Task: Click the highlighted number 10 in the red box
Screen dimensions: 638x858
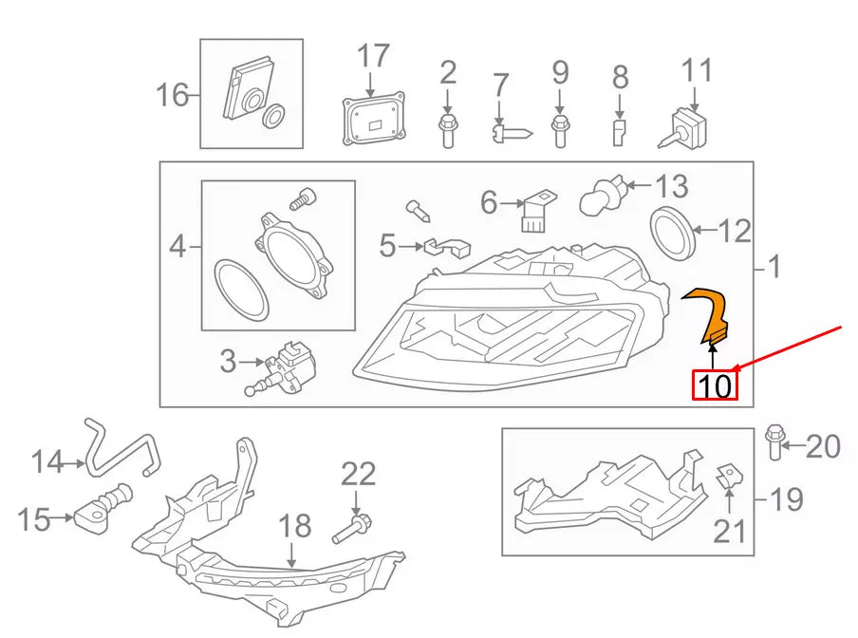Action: (x=714, y=385)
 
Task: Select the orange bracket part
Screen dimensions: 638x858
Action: (x=711, y=313)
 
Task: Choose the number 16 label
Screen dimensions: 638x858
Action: (x=173, y=95)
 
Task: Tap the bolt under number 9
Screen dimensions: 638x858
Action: (x=560, y=128)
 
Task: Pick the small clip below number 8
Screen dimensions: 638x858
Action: (x=619, y=132)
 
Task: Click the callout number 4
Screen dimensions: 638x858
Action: (x=177, y=249)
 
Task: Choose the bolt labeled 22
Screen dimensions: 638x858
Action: (x=353, y=526)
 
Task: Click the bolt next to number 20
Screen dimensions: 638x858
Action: (x=773, y=441)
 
